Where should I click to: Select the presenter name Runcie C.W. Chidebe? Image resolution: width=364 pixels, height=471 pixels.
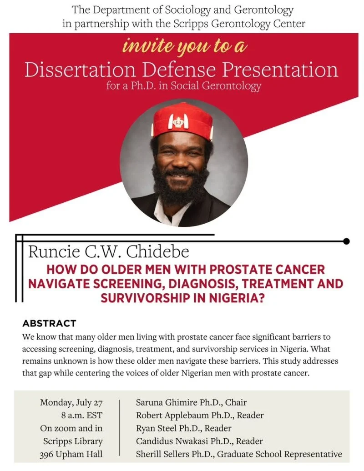(108, 252)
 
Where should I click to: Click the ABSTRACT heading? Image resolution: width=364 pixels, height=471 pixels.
(49, 323)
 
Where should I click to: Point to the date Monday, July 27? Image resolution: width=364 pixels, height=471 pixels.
(71, 402)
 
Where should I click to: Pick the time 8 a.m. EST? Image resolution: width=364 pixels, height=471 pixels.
(82, 416)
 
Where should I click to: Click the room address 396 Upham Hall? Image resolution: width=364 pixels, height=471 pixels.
(71, 454)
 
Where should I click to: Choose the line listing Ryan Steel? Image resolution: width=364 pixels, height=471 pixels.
(184, 428)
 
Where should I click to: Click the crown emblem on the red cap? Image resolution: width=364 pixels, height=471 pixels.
(178, 122)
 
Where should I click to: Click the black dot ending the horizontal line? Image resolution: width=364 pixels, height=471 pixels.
(346, 241)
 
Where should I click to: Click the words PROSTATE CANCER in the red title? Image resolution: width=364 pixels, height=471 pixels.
(267, 270)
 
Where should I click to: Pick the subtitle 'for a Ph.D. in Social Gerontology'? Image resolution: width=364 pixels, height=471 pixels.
(184, 86)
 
